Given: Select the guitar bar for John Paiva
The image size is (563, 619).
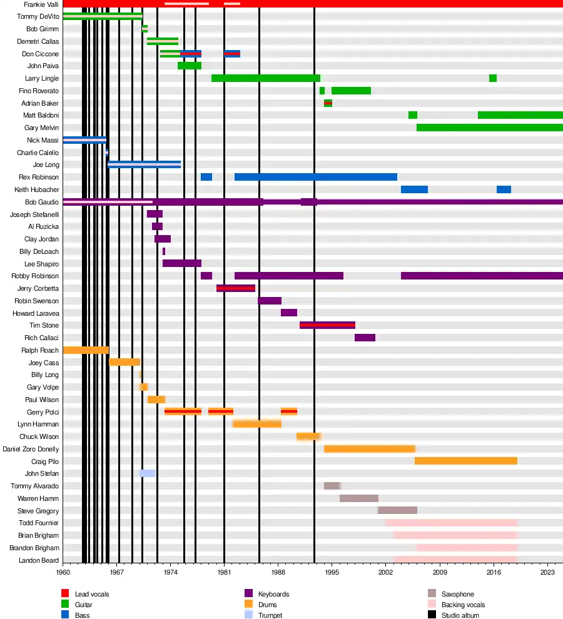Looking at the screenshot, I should click(x=189, y=66).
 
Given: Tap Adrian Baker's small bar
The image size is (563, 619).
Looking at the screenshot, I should click(x=328, y=103).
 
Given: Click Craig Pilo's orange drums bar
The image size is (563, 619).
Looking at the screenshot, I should click(x=465, y=461).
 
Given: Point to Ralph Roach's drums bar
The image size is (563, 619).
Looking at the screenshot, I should click(x=86, y=350).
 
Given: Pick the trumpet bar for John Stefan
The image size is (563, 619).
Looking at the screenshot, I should click(x=147, y=473).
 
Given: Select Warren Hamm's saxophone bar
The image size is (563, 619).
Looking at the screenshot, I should click(x=358, y=498).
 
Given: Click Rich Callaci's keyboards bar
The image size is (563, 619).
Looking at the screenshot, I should click(x=365, y=338).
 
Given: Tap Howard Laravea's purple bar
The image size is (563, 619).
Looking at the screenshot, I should click(x=288, y=313).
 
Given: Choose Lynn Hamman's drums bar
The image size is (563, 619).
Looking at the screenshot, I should click(x=256, y=424).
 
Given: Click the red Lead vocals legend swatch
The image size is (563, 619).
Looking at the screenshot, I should click(x=64, y=593).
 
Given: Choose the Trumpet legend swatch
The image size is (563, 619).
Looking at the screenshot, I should click(x=248, y=615).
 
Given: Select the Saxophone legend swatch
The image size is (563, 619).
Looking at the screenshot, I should click(x=432, y=593).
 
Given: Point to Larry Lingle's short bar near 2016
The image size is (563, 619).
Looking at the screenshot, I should click(x=493, y=78).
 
